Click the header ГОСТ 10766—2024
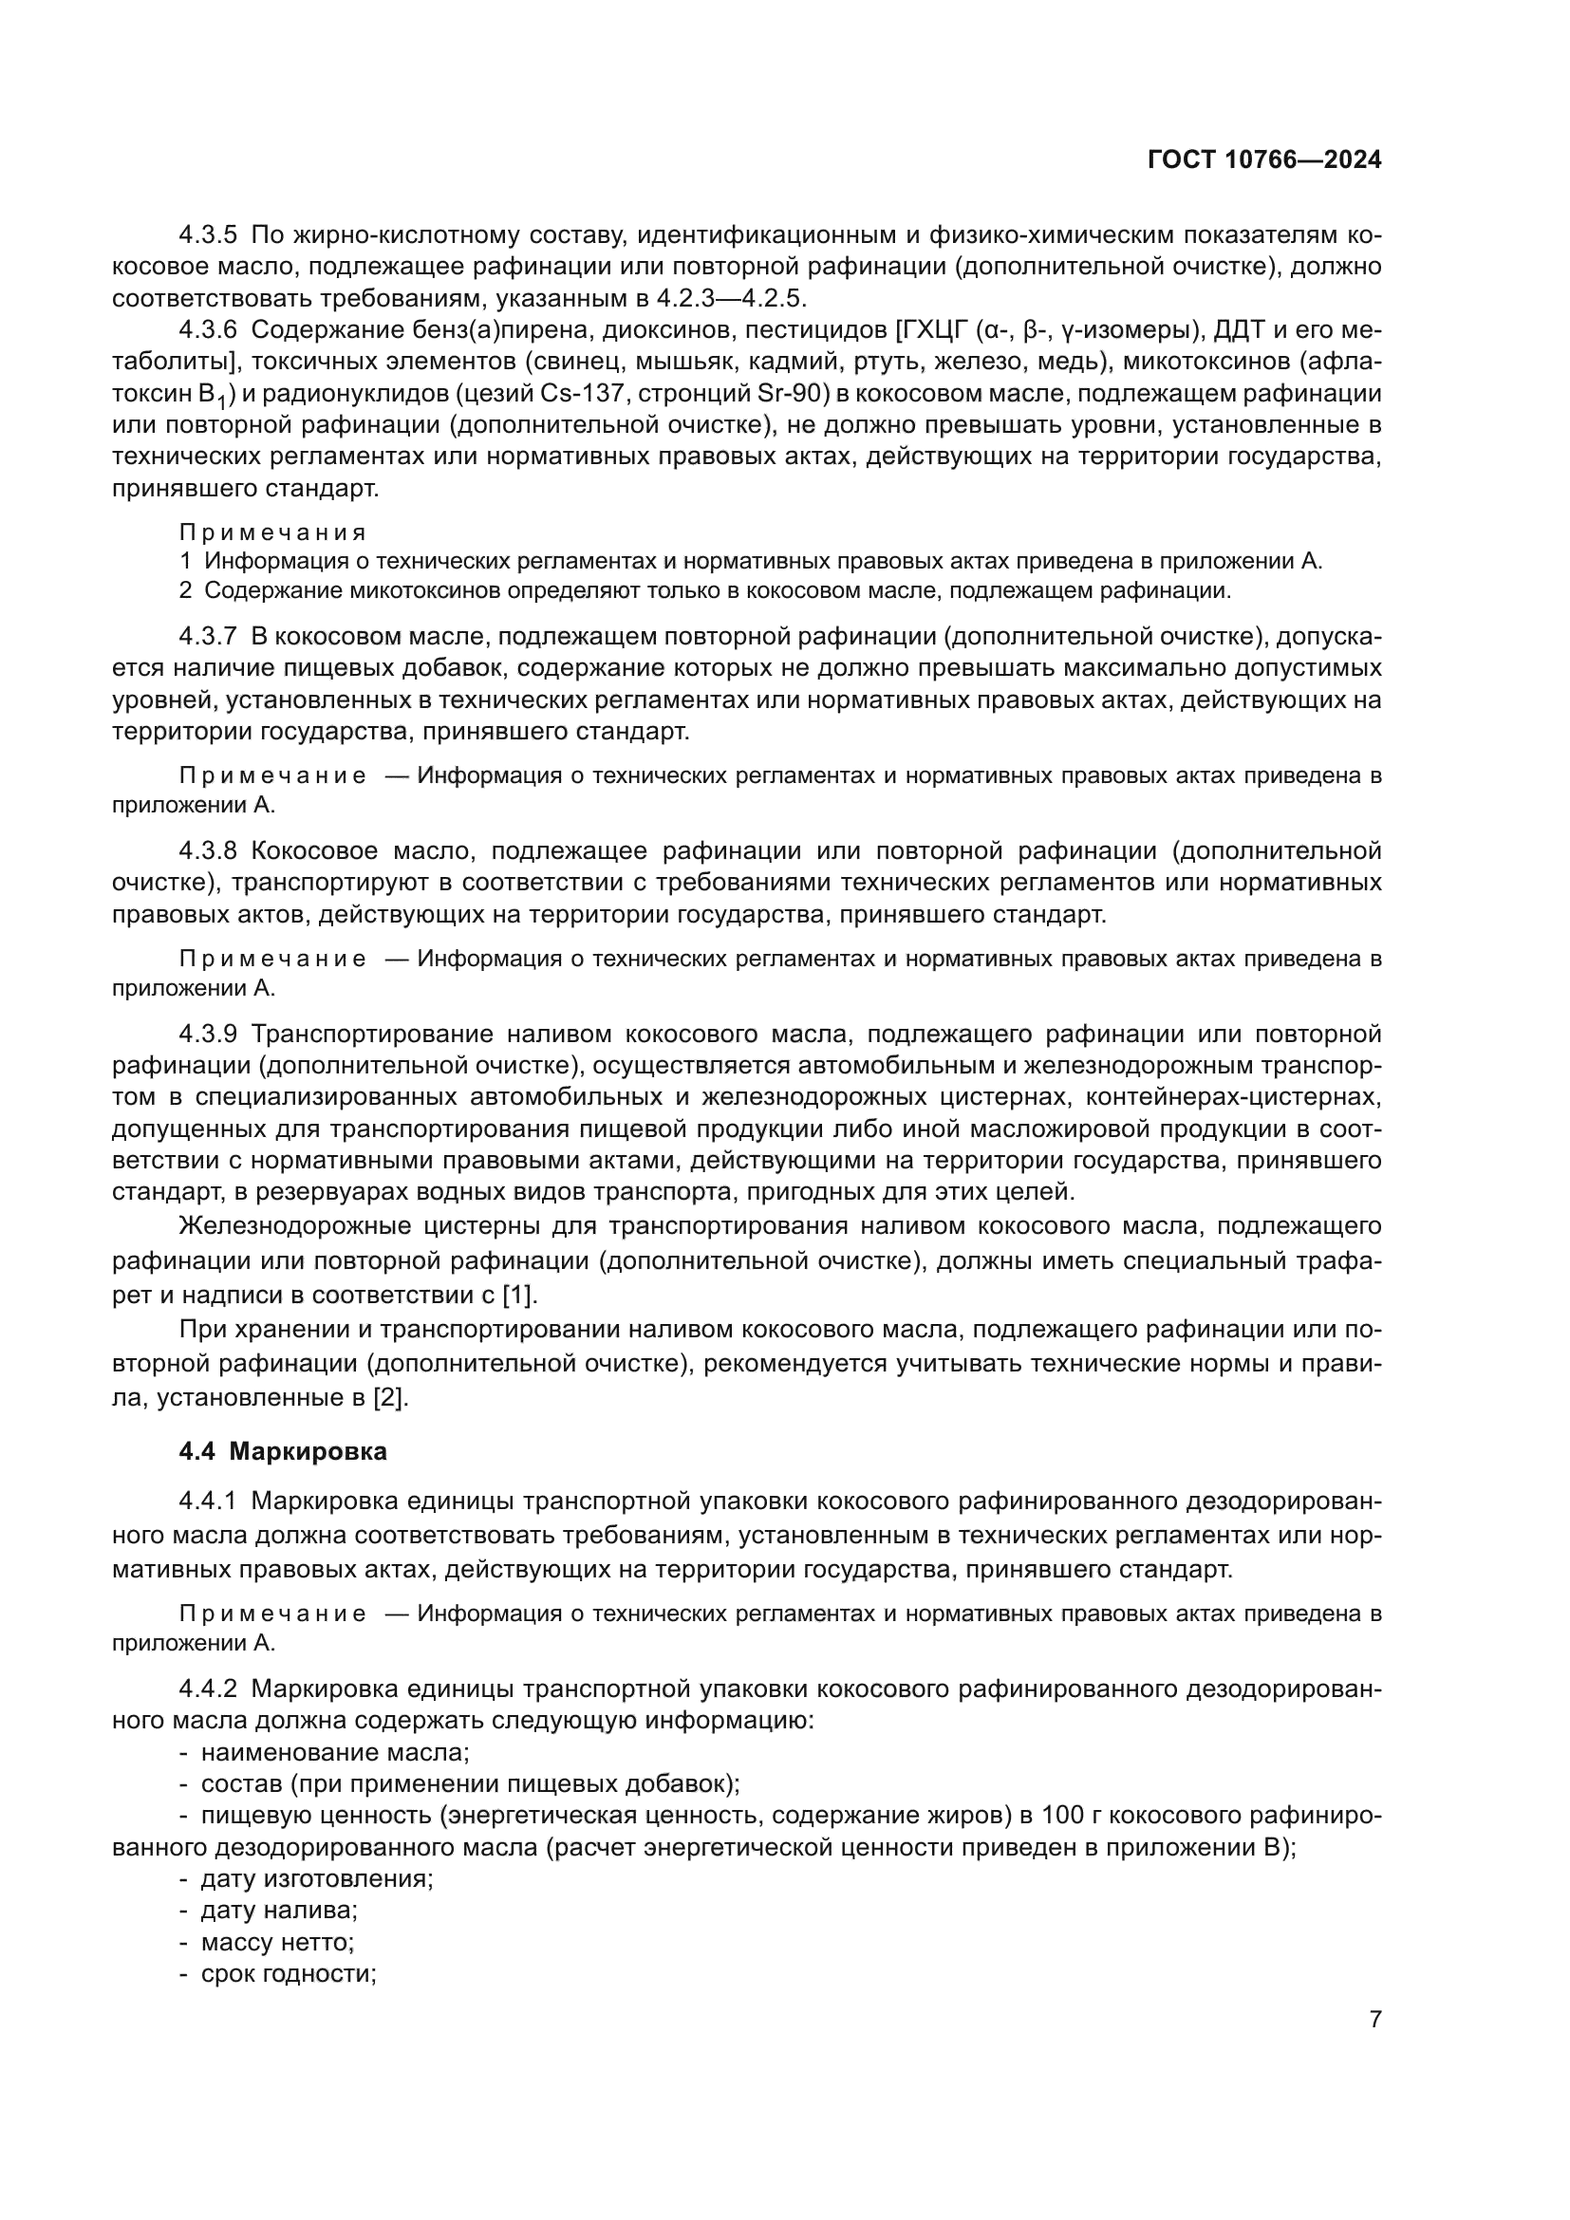pyautogui.click(x=1263, y=160)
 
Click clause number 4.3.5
pyautogui.click(x=208, y=234)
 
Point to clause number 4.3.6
pyautogui.click(x=208, y=329)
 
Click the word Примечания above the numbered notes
pyautogui.click(x=272, y=532)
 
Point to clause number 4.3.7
pyautogui.click(x=208, y=636)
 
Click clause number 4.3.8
pyautogui.click(x=208, y=850)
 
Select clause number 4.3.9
pyautogui.click(x=208, y=1034)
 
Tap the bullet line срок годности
pyautogui.click(x=287, y=1973)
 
